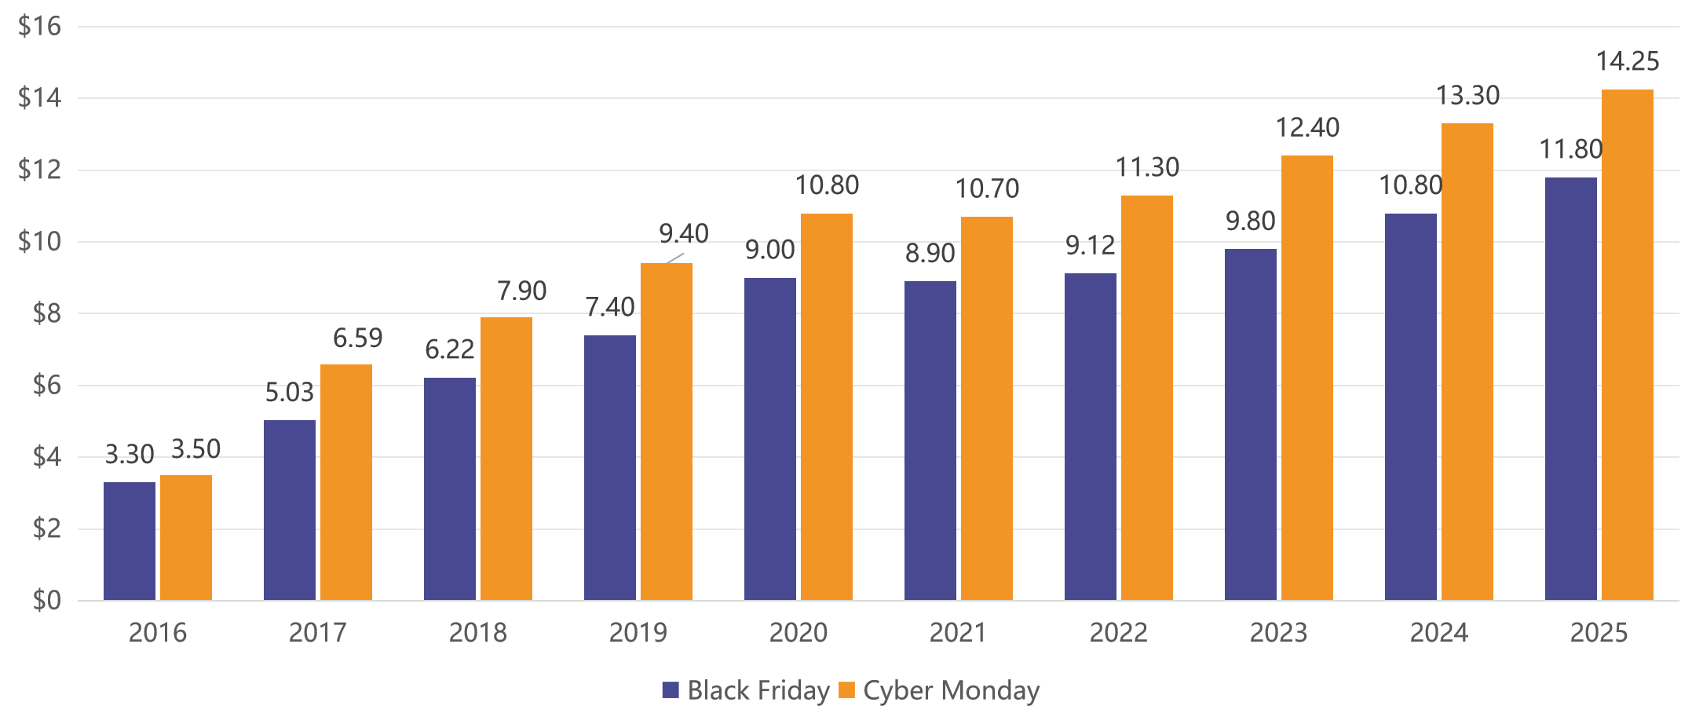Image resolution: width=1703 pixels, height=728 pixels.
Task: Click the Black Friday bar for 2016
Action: pyautogui.click(x=130, y=542)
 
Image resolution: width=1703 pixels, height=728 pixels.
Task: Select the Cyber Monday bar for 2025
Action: pyautogui.click(x=1627, y=346)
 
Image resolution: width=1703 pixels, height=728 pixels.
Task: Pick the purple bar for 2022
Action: pyautogui.click(x=1090, y=437)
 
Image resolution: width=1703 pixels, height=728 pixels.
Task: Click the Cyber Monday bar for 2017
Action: pyautogui.click(x=345, y=482)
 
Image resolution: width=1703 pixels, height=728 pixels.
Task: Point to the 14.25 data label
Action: pyautogui.click(x=1627, y=61)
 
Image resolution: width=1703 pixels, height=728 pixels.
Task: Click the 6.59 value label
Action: pyautogui.click(x=357, y=338)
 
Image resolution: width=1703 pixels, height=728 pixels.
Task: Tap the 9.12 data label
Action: pyautogui.click(x=1090, y=247)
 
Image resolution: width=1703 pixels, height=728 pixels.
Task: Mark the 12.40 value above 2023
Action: pyautogui.click(x=1307, y=127)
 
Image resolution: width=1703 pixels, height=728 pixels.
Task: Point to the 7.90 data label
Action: pyautogui.click(x=521, y=291)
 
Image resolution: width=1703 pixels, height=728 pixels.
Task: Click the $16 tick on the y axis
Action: pyautogui.click(x=39, y=27)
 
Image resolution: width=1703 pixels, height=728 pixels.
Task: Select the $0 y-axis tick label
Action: pyautogui.click(x=46, y=601)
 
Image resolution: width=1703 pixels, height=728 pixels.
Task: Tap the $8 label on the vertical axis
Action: pyautogui.click(x=46, y=314)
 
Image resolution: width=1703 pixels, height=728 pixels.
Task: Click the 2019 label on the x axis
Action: pyautogui.click(x=638, y=633)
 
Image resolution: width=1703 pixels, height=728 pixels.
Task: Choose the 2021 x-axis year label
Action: pyautogui.click(x=958, y=633)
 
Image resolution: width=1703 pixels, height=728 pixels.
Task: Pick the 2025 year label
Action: pyautogui.click(x=1599, y=633)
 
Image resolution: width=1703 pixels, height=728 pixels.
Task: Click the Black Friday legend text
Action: pyautogui.click(x=758, y=691)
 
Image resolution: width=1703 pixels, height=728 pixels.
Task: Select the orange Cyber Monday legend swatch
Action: pyautogui.click(x=846, y=691)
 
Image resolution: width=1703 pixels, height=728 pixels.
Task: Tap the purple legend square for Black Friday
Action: pyautogui.click(x=670, y=691)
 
